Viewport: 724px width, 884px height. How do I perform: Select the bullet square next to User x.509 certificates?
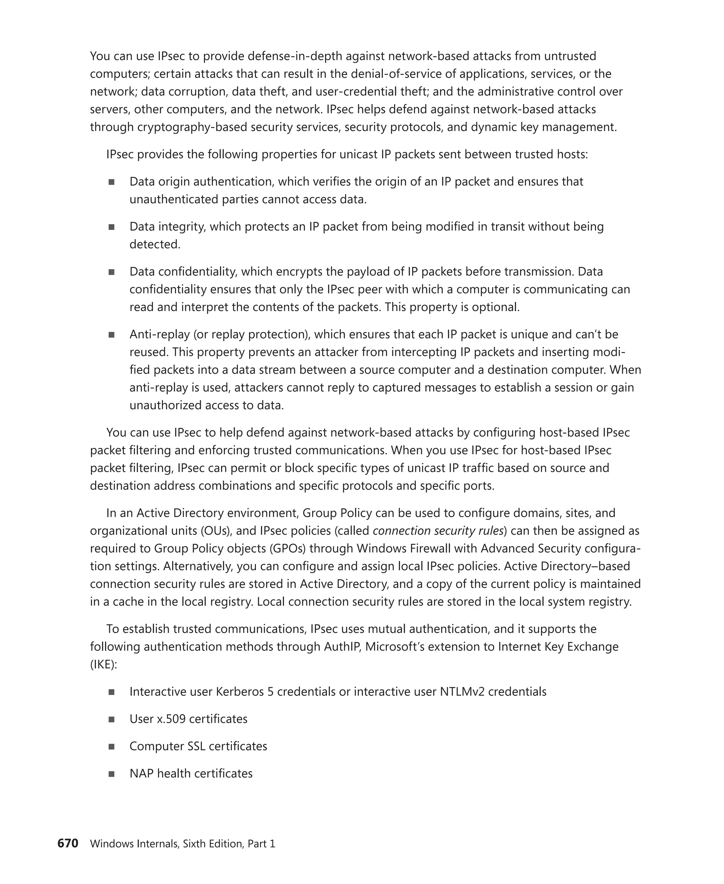[x=111, y=719]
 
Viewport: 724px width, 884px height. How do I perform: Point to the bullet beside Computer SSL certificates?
[x=111, y=747]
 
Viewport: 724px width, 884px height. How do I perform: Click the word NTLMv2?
[x=462, y=692]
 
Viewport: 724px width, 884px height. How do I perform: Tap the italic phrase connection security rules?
[x=438, y=531]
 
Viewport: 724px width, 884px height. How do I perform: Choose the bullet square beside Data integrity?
[x=111, y=227]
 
